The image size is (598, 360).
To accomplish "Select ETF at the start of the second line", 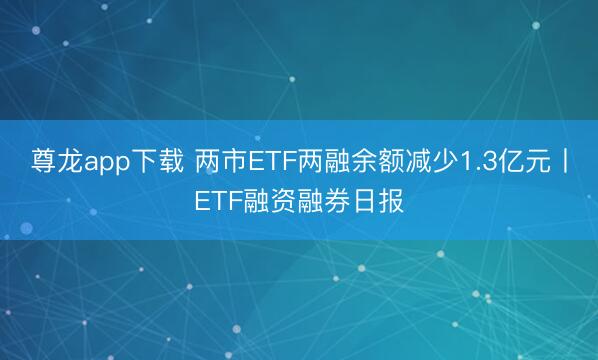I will (216, 199).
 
